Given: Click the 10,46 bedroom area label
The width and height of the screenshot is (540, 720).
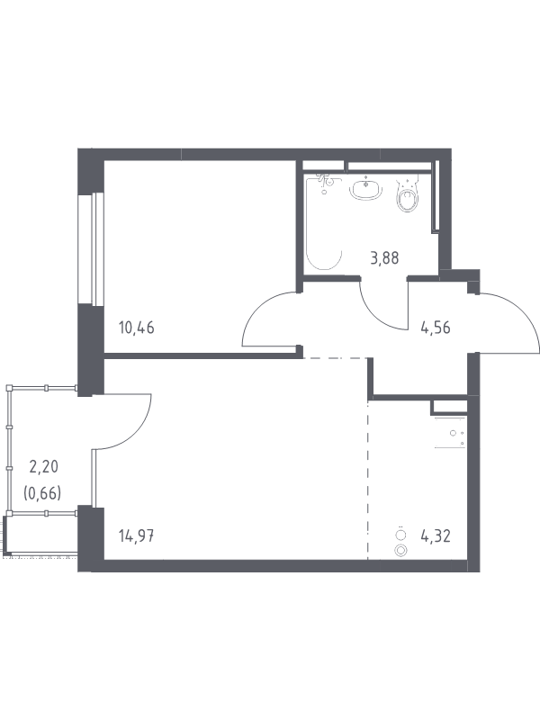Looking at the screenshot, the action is (137, 328).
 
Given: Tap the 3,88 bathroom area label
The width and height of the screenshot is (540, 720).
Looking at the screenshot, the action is (385, 258).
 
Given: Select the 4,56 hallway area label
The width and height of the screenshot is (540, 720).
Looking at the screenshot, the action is (436, 328).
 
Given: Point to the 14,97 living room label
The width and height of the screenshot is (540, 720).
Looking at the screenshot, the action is (137, 535).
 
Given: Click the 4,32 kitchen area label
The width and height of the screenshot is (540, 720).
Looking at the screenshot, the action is (436, 535).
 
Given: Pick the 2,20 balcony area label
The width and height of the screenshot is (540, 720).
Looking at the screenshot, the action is (43, 467).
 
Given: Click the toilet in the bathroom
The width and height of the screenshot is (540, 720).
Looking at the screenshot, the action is (408, 195).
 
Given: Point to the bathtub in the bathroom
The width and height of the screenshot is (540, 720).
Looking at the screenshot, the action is (324, 221).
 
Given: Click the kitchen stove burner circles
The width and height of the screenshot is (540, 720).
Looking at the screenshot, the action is (400, 543).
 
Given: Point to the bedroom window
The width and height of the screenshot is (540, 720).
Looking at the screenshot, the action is (92, 248).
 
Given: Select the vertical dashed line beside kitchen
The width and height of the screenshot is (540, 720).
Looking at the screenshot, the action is (368, 481).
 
